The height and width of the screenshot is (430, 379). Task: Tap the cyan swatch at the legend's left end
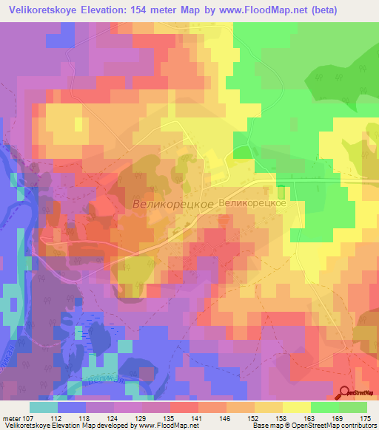[x=44, y=407]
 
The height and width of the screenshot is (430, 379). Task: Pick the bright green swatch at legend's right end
[x=353, y=407]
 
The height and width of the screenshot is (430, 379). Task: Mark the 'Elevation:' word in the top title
[x=118, y=10]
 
